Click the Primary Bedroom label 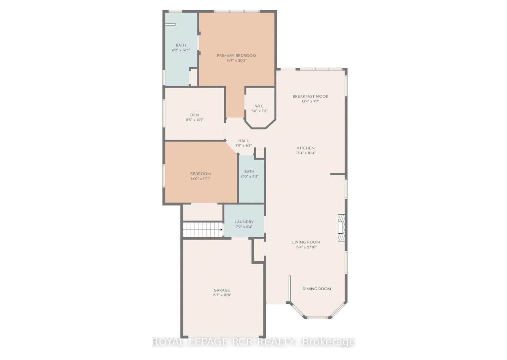pos(236,56)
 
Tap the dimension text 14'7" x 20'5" pos(236,61)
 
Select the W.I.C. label pos(259,106)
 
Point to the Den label pos(194,115)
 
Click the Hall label pos(244,141)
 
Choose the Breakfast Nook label pos(310,96)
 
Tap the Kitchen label pos(306,148)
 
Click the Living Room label pos(306,242)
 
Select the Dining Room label pos(316,289)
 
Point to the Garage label pos(221,290)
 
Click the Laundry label pos(244,222)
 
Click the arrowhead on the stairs pos(221,230)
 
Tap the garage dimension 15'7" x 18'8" pos(221,295)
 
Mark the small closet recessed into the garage pos(259,251)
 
